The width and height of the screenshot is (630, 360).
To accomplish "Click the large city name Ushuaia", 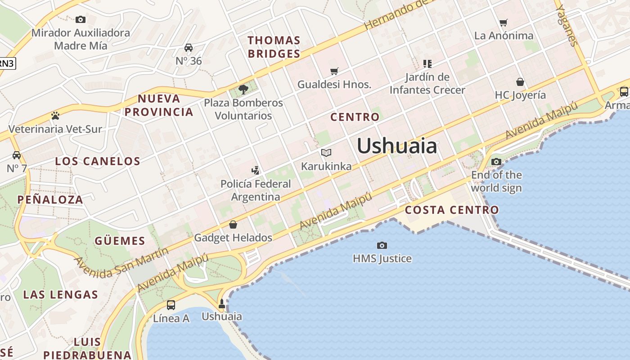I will click(397, 146).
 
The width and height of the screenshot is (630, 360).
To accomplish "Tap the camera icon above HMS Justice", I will click(382, 245).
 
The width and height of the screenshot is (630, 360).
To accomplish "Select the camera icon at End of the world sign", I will click(496, 162).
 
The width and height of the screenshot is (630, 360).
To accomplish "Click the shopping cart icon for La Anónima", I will click(504, 22).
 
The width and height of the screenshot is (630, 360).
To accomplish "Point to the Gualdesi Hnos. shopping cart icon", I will click(334, 71).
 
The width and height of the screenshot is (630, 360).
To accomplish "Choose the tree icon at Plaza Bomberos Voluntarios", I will click(243, 89).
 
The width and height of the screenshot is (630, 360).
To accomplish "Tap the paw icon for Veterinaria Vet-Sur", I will click(55, 116).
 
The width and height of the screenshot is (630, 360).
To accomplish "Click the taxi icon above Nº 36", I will click(189, 48).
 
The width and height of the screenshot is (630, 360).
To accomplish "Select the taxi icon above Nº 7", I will click(17, 155).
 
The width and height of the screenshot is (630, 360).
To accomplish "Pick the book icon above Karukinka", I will click(326, 153).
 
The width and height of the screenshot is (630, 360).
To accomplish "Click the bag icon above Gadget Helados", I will click(233, 224).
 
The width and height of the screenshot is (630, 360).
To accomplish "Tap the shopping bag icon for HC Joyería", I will click(520, 82).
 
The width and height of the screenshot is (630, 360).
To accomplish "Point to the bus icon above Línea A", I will click(171, 305).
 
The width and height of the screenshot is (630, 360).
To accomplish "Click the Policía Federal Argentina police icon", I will click(256, 170).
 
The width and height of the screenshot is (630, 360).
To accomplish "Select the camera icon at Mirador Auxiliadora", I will click(81, 19).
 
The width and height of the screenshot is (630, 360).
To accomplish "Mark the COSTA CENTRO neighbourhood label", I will click(452, 210).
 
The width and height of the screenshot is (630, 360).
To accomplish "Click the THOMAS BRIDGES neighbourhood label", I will click(274, 47).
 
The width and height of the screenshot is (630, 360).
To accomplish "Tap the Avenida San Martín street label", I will click(121, 262).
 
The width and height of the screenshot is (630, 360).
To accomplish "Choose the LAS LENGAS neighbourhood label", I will click(60, 295).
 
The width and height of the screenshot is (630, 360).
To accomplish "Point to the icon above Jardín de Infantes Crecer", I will click(427, 63).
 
